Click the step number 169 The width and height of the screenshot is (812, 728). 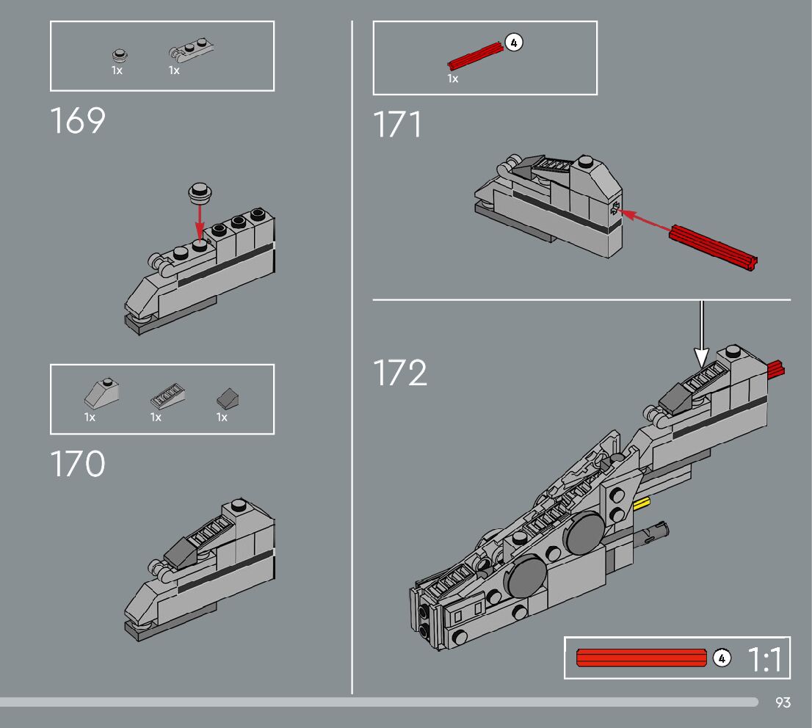coord(78,121)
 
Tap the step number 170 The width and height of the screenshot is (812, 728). coord(78,465)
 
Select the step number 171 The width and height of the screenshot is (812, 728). coord(397,125)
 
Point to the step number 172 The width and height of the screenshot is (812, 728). coord(400,373)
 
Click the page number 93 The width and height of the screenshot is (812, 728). coord(783,703)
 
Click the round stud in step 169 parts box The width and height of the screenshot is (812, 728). coord(119,55)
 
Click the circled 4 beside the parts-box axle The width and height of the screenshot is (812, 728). coord(514,43)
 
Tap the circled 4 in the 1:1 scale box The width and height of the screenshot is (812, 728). coord(722,658)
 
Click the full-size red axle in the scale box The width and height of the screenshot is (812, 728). coord(642,658)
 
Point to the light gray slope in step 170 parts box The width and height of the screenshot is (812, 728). coord(101,394)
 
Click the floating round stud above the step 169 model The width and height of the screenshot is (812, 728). coord(200,192)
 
